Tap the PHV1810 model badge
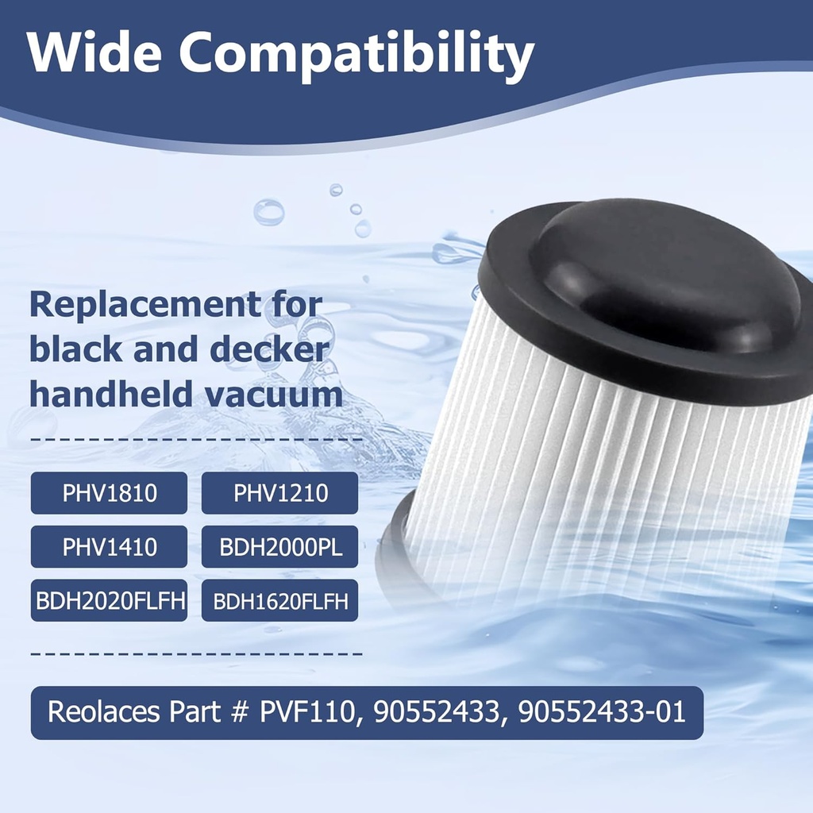(110, 494)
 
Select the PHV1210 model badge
(280, 494)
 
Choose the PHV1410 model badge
(110, 547)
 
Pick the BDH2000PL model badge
(280, 547)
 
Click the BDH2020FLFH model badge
(110, 601)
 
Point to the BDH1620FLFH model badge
(280, 601)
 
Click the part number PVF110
(305, 711)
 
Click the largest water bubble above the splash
(268, 212)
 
